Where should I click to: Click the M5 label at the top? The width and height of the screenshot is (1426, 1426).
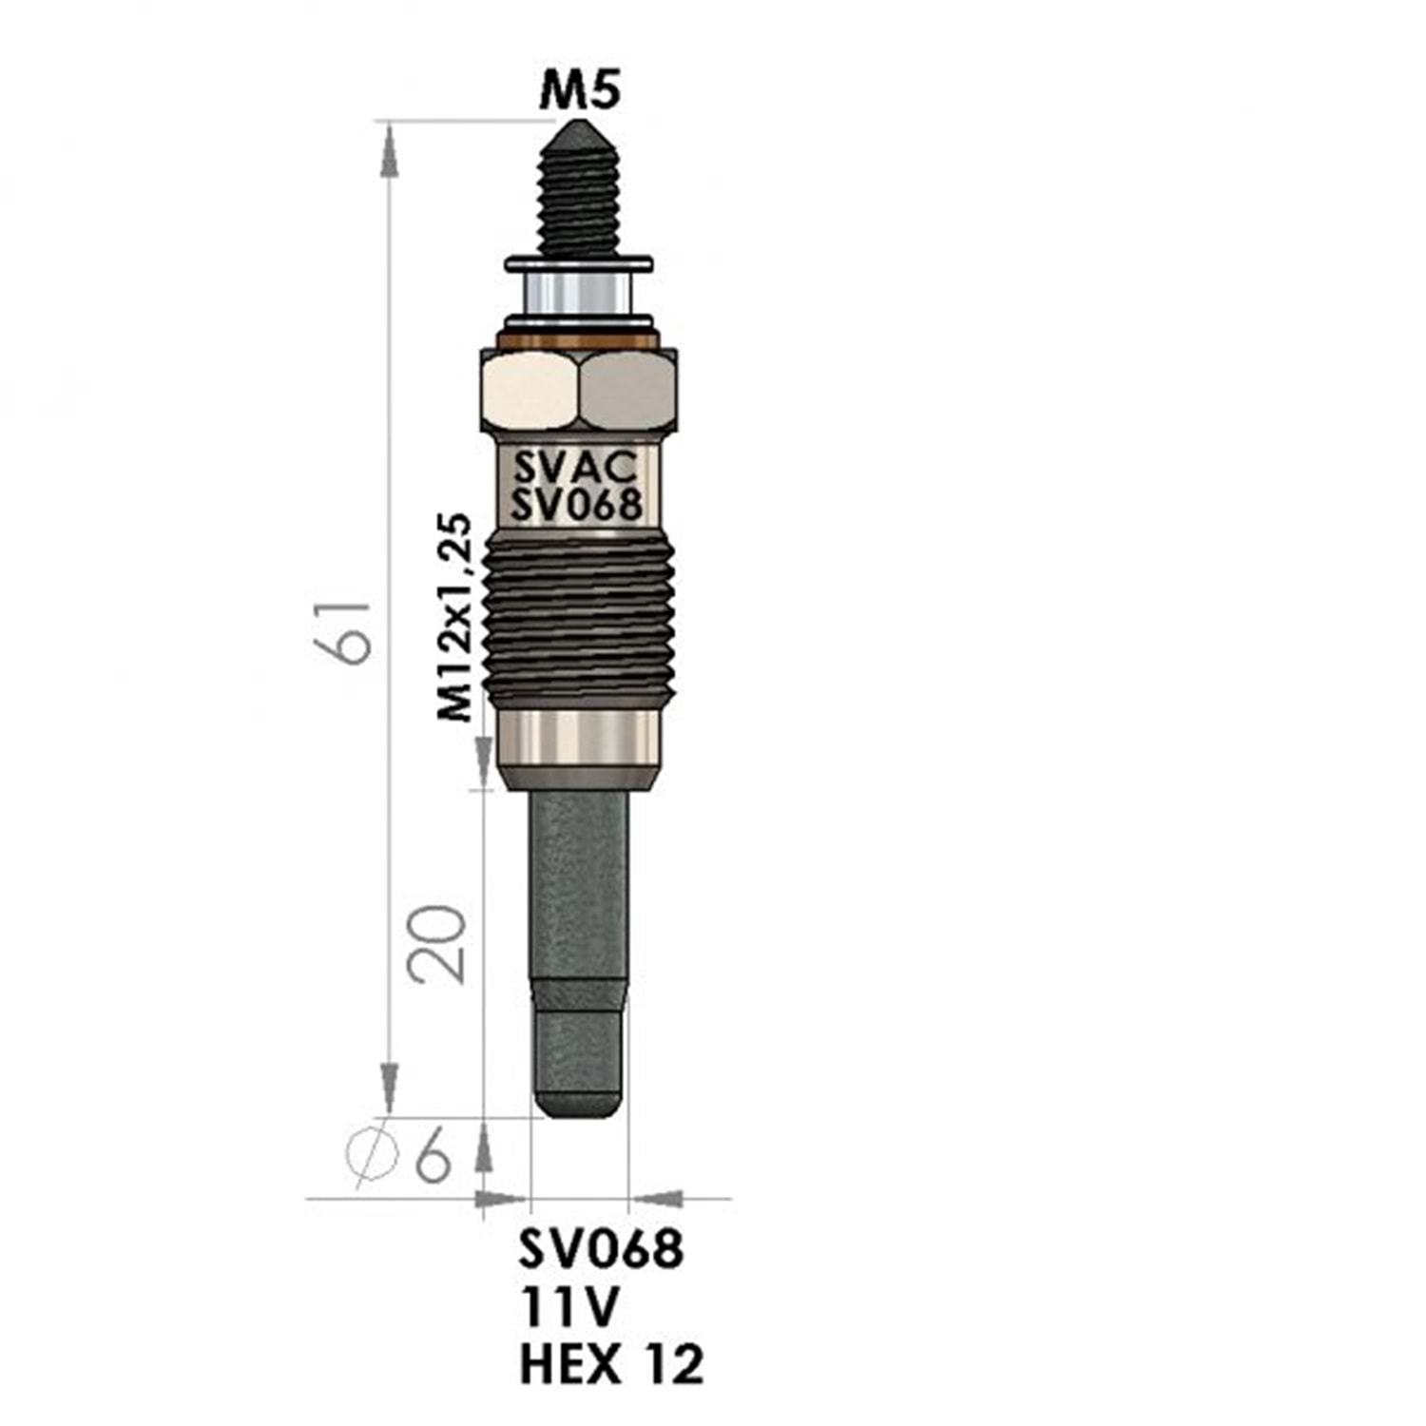point(580,92)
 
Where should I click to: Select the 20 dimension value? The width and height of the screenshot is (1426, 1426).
point(437,944)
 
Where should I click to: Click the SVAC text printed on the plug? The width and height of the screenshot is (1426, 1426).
point(575,468)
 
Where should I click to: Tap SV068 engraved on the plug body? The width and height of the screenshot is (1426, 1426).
point(577,504)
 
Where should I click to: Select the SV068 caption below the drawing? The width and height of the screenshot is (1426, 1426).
point(601,1248)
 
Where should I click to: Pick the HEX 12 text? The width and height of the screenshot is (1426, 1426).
point(612,1364)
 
